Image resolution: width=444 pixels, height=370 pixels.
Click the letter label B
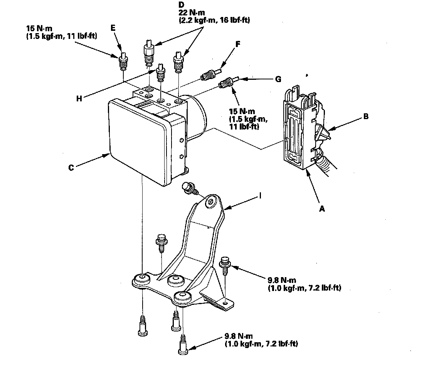[x=366, y=116]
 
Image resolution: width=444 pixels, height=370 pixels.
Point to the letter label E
[x=113, y=28]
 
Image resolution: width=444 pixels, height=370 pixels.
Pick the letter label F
[x=238, y=44]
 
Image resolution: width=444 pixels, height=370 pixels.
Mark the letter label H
[x=79, y=98]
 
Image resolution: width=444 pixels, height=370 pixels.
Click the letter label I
[x=261, y=196]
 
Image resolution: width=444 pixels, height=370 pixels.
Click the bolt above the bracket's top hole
[x=190, y=188]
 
